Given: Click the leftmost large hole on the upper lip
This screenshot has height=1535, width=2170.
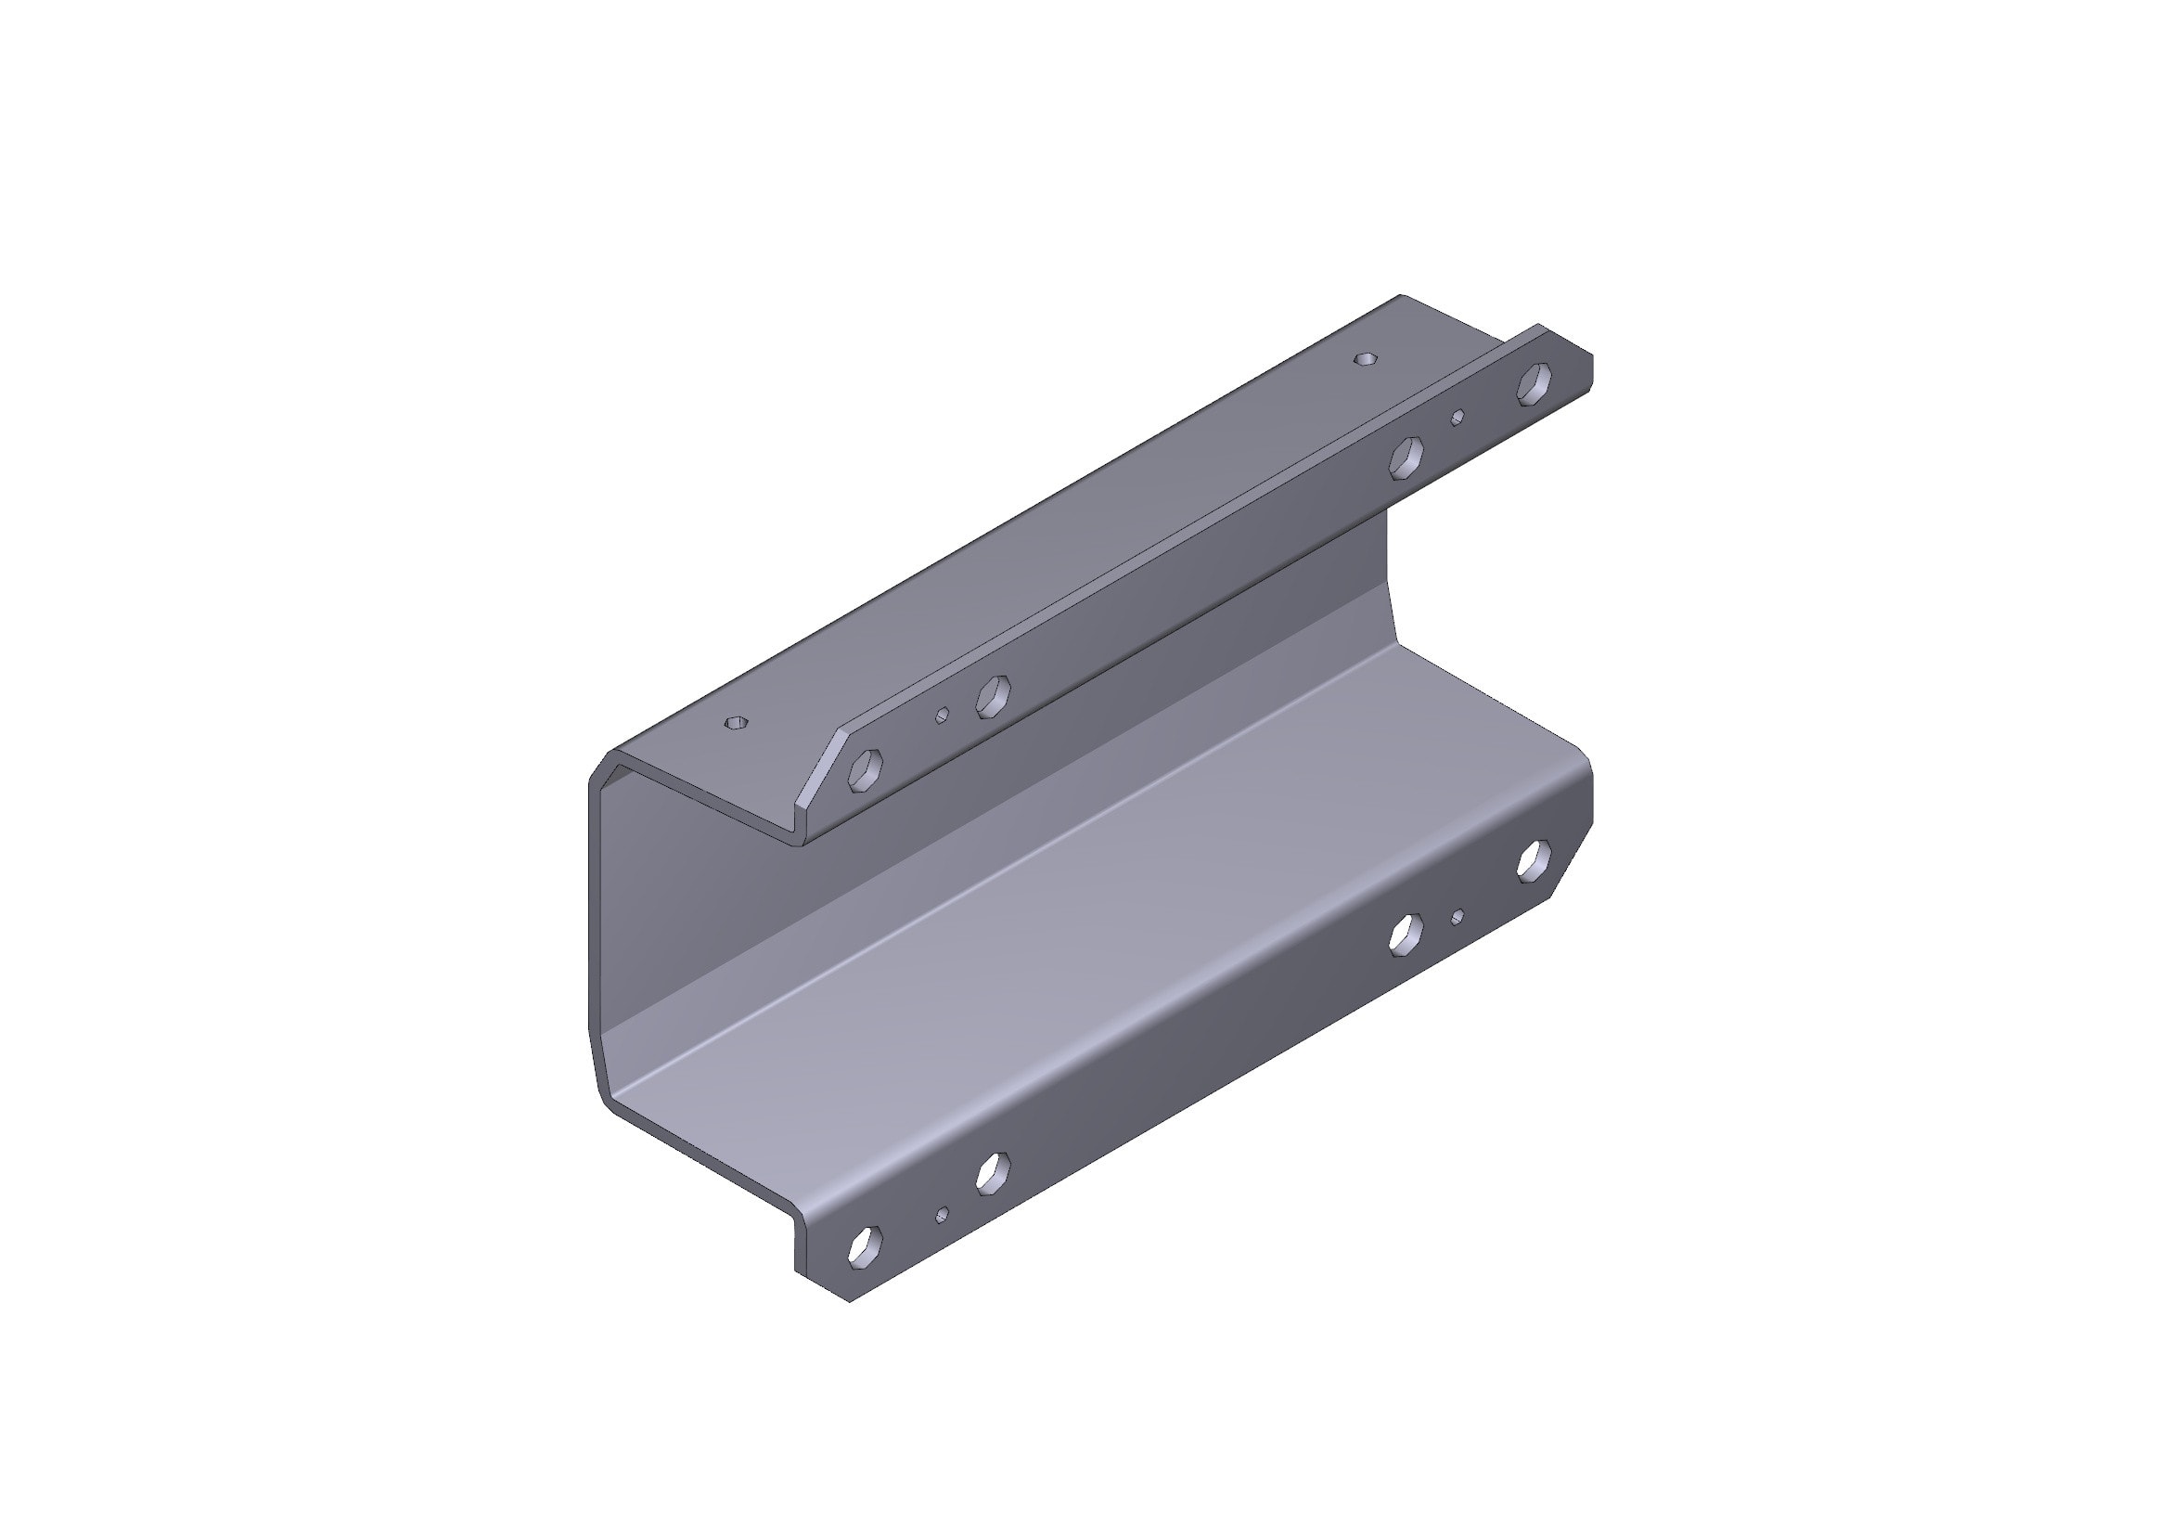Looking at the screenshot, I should pyautogui.click(x=865, y=769).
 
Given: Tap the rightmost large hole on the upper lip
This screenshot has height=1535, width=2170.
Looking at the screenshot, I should pyautogui.click(x=1534, y=385).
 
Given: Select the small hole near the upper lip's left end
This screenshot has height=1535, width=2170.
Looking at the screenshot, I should pyautogui.click(x=942, y=715).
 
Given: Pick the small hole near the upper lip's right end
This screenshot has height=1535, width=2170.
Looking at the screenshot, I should pyautogui.click(x=1457, y=417).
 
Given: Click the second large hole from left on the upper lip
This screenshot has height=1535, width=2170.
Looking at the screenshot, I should pyautogui.click(x=993, y=696).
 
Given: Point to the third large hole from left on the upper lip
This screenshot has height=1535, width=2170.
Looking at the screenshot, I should pyautogui.click(x=1406, y=458).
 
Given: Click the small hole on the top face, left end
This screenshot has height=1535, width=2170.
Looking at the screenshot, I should pyautogui.click(x=736, y=723).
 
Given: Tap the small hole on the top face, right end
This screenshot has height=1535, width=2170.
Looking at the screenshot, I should pyautogui.click(x=1366, y=359).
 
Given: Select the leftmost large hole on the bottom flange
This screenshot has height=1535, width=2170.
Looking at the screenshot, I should pyautogui.click(x=865, y=1245).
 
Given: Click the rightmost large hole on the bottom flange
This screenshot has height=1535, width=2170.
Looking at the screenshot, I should pyautogui.click(x=1534, y=860).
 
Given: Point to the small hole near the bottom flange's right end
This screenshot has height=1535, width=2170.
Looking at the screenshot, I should pyautogui.click(x=1457, y=916).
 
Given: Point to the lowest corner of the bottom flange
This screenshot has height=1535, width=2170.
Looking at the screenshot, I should pyautogui.click(x=849, y=1301).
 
